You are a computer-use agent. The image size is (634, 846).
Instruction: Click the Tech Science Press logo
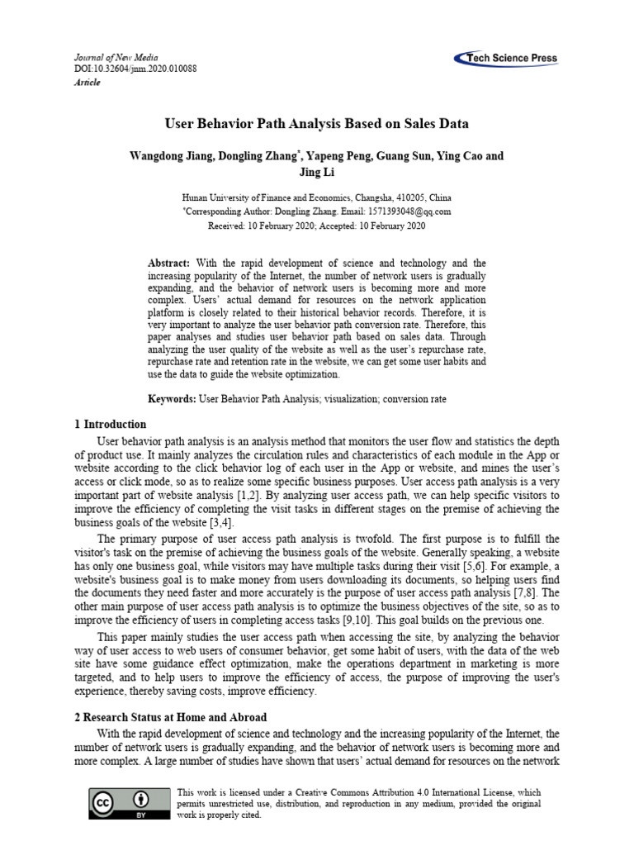[x=505, y=59]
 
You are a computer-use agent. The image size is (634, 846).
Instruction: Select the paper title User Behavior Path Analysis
[x=316, y=124]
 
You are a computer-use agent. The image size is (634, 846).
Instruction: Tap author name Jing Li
[x=316, y=173]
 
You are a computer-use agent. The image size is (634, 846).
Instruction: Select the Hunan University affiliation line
[x=316, y=198]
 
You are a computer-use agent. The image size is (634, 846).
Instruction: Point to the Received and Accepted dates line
[x=316, y=225]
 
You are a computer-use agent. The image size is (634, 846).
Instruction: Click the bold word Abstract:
[x=169, y=262]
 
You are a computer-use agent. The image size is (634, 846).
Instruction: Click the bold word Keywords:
[x=173, y=399]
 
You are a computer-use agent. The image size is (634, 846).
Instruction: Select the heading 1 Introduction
[x=110, y=424]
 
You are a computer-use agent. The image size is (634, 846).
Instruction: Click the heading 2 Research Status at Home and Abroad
[x=171, y=717]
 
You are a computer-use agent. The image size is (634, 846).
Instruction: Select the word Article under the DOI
[x=88, y=83]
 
